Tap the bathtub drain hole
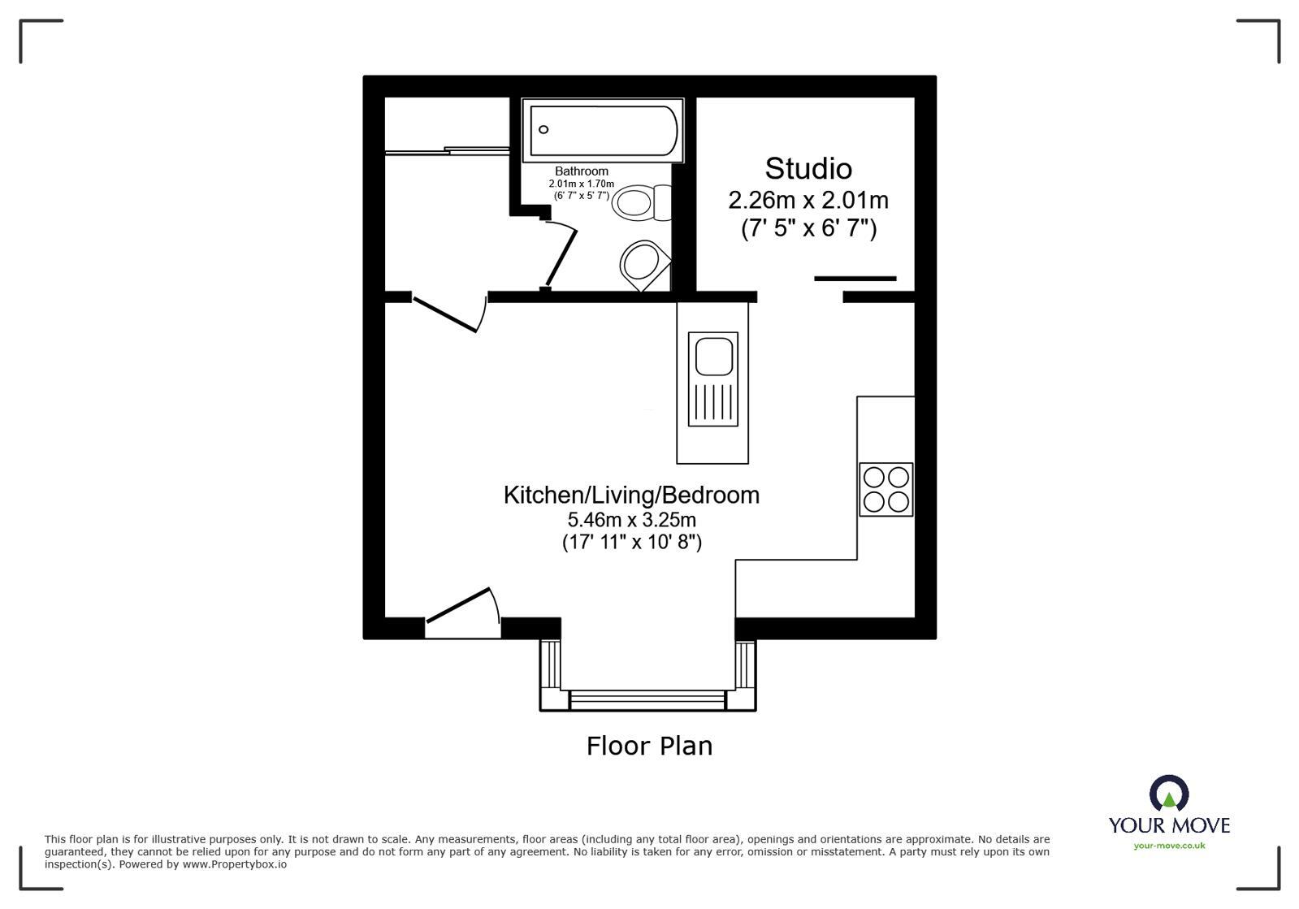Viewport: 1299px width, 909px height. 543,130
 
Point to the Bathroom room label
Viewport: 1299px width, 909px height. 582,171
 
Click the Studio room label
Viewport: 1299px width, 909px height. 808,169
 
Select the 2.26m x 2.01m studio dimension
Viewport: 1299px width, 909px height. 808,200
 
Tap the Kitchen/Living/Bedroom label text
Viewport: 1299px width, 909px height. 631,495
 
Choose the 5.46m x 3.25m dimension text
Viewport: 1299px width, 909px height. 631,520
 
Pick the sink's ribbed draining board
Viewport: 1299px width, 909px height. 713,402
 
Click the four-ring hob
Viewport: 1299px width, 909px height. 885,489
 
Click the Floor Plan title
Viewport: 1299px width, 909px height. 649,746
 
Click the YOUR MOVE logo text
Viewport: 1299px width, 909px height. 1169,825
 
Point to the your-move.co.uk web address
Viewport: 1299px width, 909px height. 1169,846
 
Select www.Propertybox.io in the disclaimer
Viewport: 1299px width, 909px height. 234,864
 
